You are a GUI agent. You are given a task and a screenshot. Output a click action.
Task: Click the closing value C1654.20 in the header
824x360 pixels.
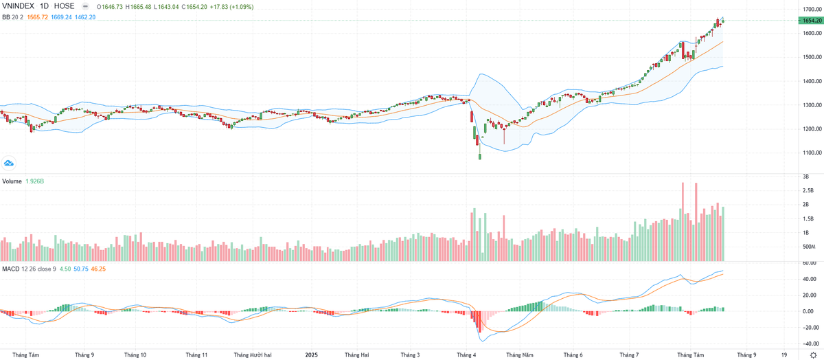(194, 5)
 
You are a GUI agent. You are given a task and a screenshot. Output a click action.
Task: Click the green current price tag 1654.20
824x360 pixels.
(810, 21)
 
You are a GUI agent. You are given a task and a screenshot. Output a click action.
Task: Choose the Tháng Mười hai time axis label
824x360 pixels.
(253, 355)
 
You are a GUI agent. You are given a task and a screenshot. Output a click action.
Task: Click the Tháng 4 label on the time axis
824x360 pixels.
(466, 355)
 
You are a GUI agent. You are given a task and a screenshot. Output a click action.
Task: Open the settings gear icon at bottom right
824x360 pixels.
(813, 355)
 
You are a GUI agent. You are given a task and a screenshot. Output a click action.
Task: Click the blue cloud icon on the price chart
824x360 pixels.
(9, 163)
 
